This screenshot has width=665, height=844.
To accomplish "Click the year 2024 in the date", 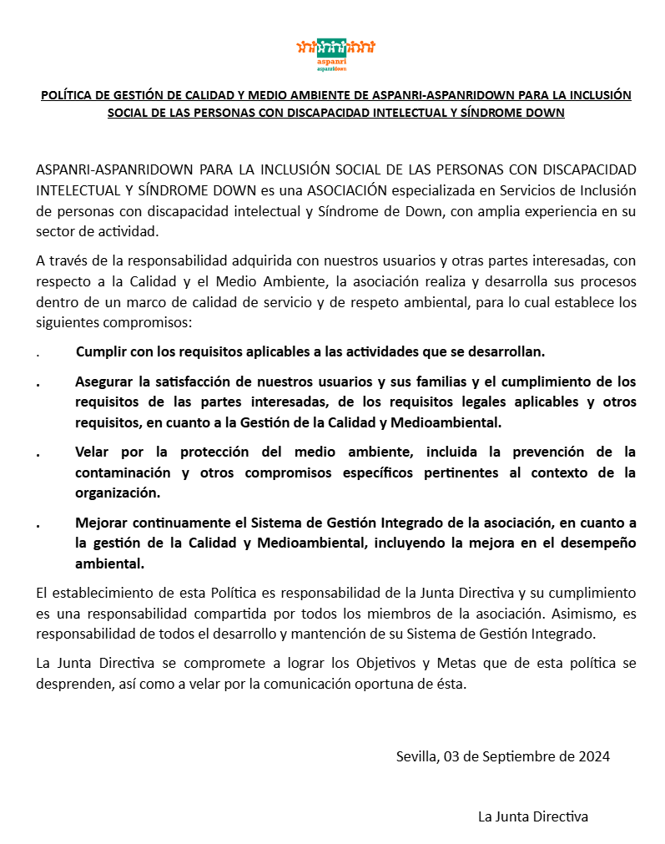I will tap(592, 757).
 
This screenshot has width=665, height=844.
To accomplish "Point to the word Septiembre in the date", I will tap(511, 757).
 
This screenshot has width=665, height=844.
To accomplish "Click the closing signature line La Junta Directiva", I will tap(532, 816).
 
